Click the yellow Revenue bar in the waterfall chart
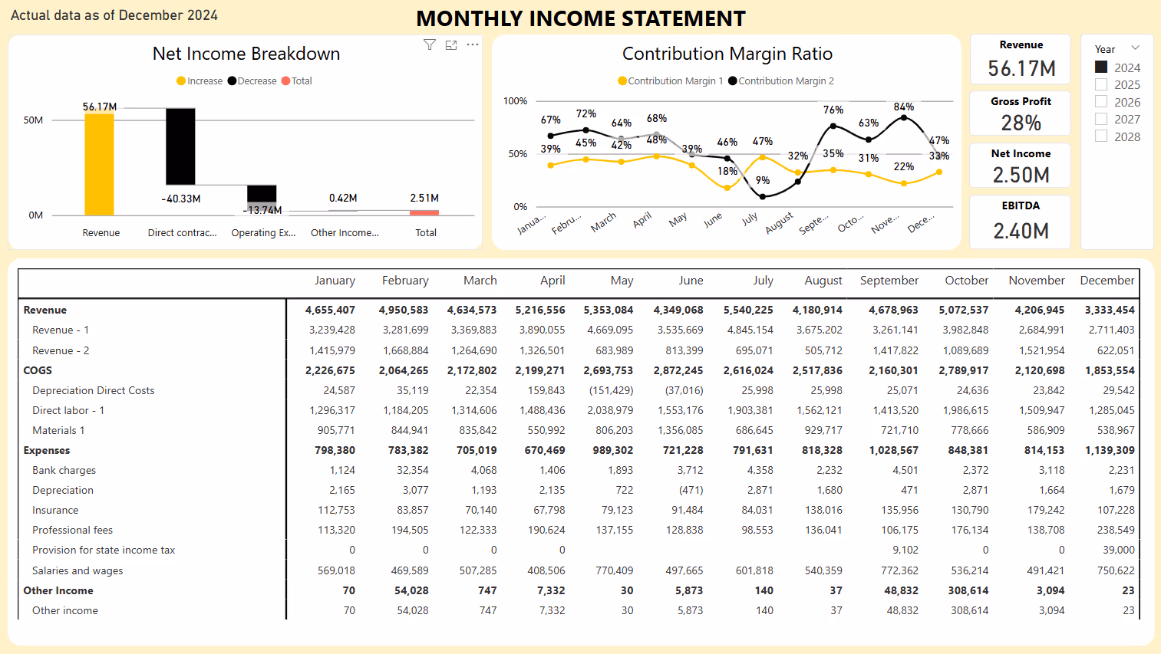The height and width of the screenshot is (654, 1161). tap(99, 164)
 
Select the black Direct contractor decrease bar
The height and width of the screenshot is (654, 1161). tap(180, 146)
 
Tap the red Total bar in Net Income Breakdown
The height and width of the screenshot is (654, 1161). tap(424, 212)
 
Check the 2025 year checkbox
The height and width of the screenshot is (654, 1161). tap(1101, 85)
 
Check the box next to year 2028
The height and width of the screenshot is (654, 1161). tap(1101, 136)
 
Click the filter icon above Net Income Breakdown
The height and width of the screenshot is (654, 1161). tap(430, 45)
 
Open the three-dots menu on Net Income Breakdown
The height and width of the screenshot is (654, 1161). tap(473, 45)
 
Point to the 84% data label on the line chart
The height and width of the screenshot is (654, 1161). tap(904, 107)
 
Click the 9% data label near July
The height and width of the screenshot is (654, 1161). tap(763, 180)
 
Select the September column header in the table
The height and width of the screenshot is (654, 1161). tap(889, 281)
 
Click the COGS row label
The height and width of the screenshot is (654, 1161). tap(38, 370)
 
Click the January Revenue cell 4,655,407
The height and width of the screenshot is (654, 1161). tap(330, 311)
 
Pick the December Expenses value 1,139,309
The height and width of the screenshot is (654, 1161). tap(1109, 451)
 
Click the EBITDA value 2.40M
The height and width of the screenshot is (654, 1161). tap(1021, 231)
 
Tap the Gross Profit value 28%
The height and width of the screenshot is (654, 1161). tap(1021, 123)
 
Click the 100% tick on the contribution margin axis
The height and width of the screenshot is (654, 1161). tap(515, 101)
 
